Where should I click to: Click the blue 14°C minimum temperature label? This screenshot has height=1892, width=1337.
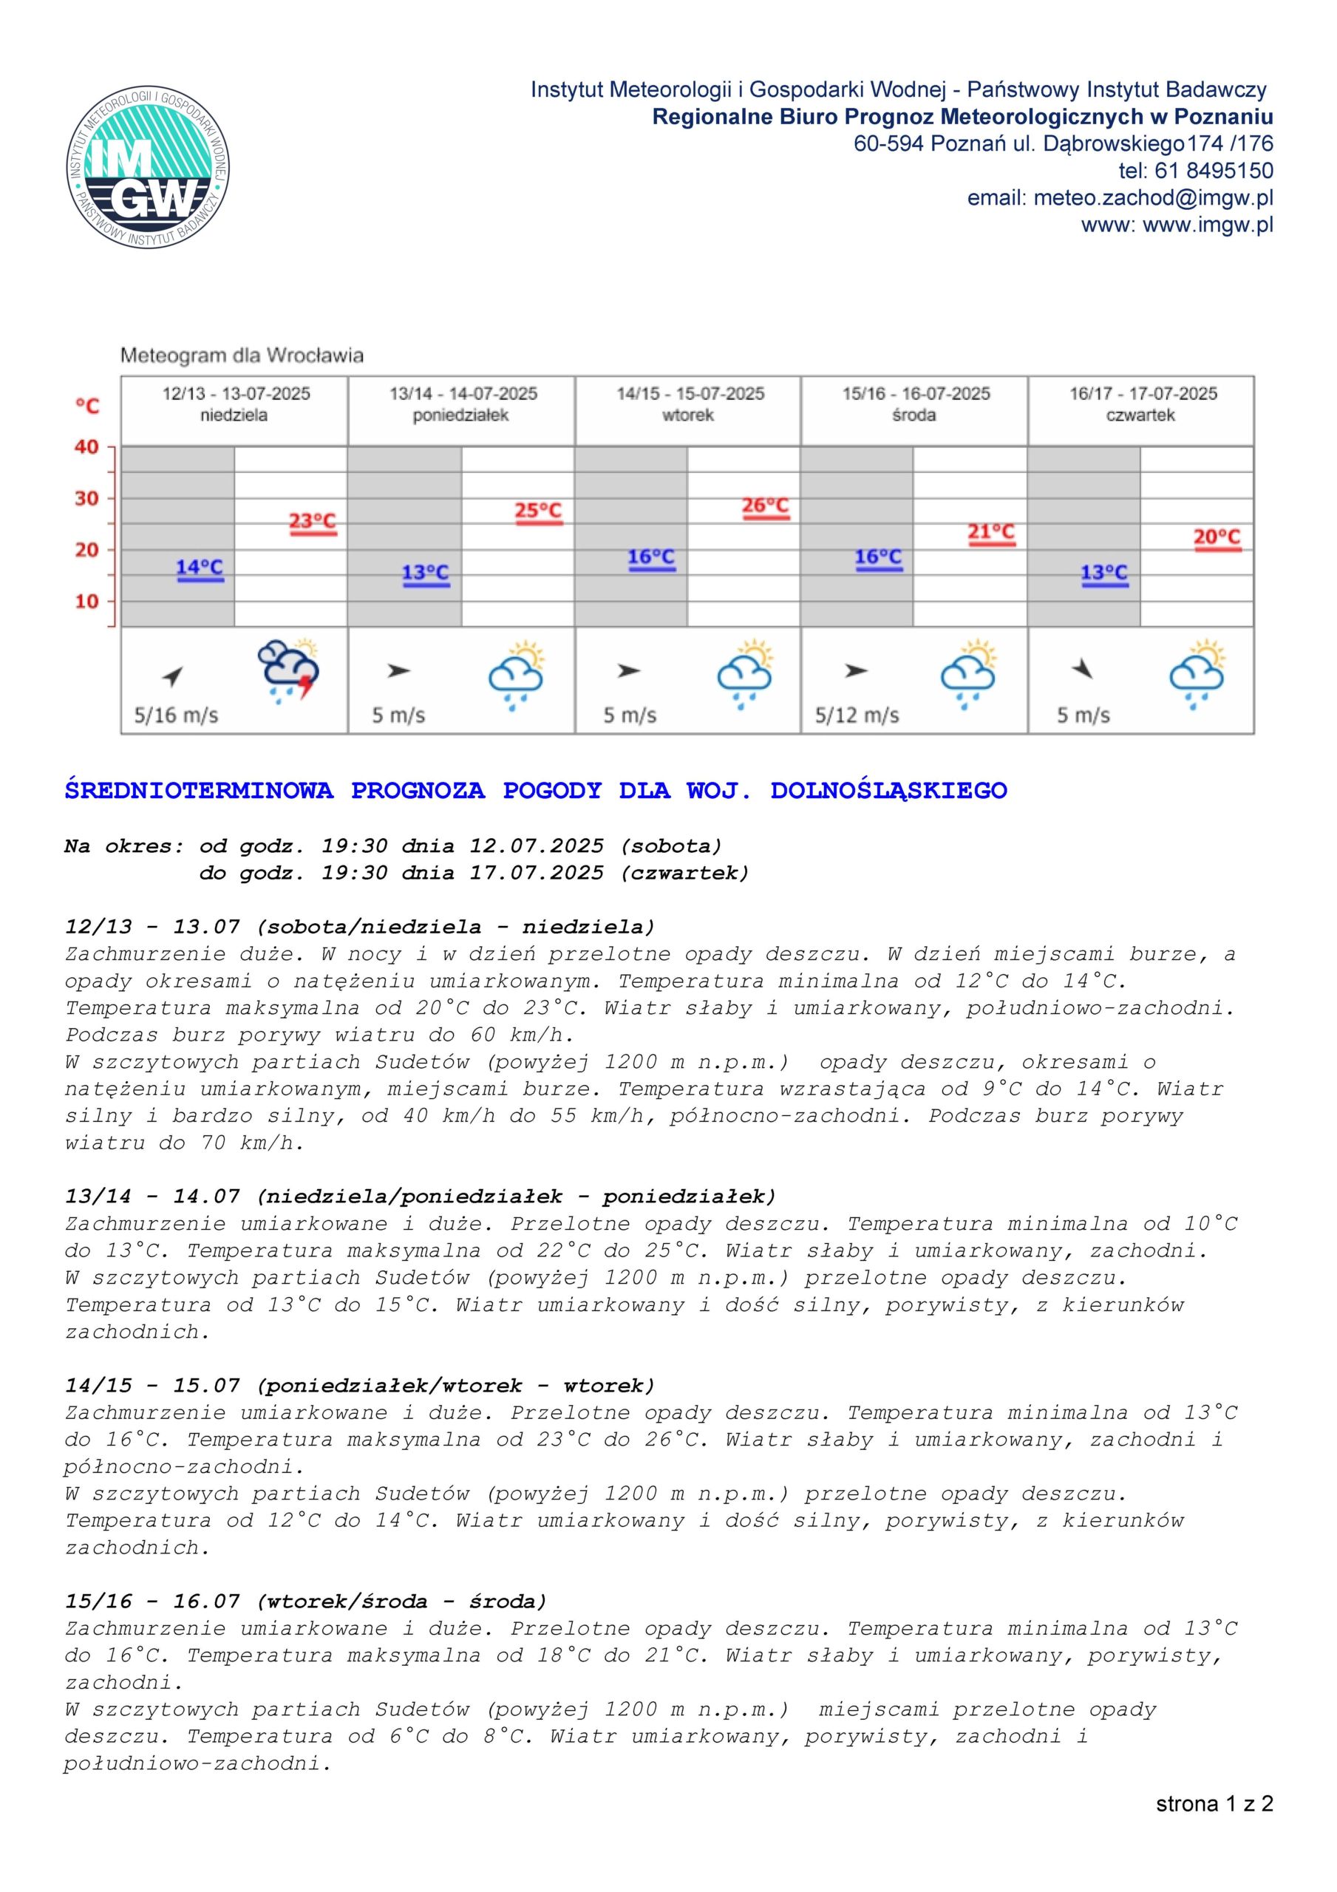[200, 568]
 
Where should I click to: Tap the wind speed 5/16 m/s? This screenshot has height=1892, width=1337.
[177, 715]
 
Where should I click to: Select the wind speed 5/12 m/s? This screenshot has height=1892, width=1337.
[857, 715]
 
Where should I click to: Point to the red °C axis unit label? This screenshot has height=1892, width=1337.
[87, 406]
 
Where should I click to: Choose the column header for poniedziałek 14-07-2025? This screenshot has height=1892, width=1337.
[462, 404]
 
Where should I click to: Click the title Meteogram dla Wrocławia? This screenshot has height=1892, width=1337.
[242, 356]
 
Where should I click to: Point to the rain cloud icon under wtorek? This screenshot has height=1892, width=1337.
[746, 673]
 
